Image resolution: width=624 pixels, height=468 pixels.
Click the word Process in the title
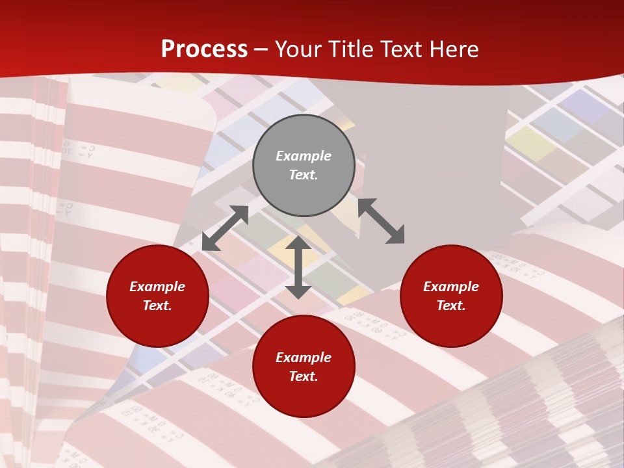204,49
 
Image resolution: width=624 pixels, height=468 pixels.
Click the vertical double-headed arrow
298,267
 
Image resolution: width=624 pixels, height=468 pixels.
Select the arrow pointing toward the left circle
225,228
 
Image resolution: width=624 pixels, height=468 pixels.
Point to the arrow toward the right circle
382,221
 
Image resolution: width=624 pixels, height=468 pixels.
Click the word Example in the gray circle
304,156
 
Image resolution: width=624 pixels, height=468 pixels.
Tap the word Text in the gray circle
304,175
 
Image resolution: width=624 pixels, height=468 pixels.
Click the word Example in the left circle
157,287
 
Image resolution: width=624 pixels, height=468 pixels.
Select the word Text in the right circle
451,305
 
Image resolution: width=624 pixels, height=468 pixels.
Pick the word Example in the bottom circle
304,357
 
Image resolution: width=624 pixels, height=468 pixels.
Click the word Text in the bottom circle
304,376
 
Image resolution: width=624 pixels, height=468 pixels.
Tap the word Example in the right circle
451,287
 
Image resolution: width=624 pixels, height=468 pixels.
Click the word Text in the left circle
157,305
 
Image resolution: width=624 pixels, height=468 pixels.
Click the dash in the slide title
261,50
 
